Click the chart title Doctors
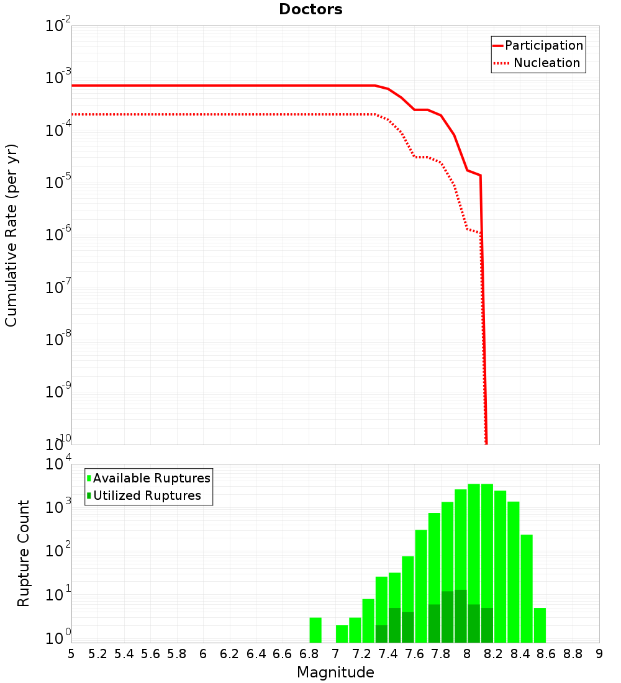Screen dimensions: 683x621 click(310, 9)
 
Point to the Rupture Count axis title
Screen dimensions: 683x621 click(24, 553)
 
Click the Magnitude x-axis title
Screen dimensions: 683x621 click(335, 672)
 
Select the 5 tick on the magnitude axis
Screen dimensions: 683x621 click(71, 654)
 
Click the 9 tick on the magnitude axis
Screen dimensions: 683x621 click(599, 654)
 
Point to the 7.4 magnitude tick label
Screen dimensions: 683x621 click(388, 654)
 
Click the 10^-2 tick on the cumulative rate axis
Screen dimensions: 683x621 click(58, 27)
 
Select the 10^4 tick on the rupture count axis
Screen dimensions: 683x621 click(58, 465)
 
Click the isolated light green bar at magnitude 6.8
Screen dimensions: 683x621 click(315, 630)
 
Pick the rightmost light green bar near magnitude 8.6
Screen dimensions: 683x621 click(540, 625)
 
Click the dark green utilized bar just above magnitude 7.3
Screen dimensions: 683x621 click(381, 633)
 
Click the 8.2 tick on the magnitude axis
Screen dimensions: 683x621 click(494, 654)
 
